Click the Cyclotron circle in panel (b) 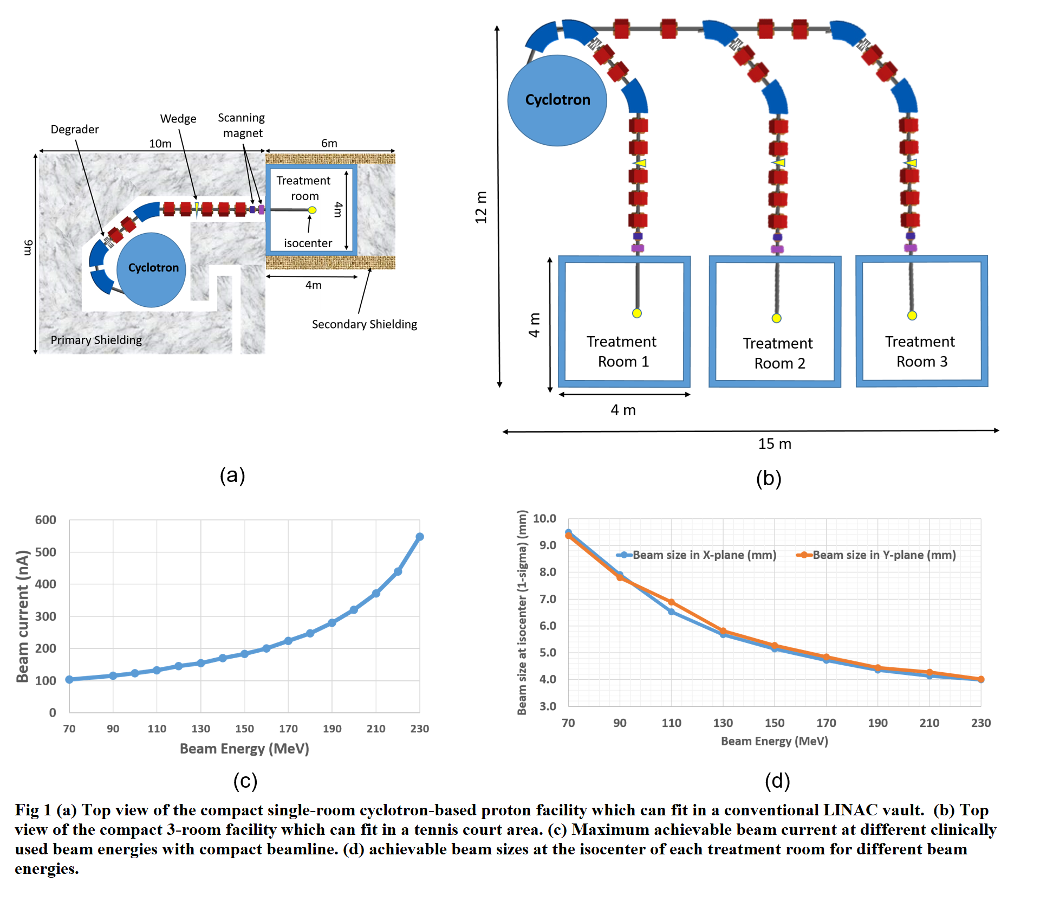click(557, 100)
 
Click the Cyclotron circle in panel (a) click(152, 270)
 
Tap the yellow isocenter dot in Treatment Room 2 click(776, 318)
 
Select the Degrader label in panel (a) click(75, 130)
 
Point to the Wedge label click(178, 119)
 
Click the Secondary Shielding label click(365, 324)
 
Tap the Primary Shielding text click(96, 340)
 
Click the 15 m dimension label click(775, 444)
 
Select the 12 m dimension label click(481, 207)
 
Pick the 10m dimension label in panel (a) click(160, 144)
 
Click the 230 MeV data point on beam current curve click(419, 537)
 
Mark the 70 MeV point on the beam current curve click(69, 679)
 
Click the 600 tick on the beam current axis click(45, 520)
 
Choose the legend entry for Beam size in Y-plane click(876, 555)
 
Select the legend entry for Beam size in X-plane click(697, 555)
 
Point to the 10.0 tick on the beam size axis click(544, 518)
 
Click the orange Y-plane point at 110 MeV click(671, 602)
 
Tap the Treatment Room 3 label click(921, 351)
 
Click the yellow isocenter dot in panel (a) click(312, 210)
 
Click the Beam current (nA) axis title click(22, 616)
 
